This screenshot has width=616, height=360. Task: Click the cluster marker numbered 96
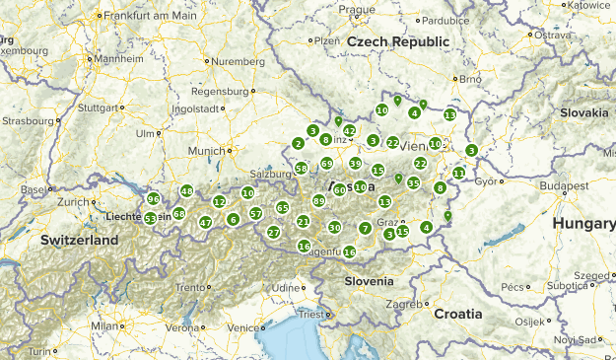click(153, 199)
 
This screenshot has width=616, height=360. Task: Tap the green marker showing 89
click(318, 201)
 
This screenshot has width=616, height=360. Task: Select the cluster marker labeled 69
click(326, 164)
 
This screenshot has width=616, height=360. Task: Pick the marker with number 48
click(186, 191)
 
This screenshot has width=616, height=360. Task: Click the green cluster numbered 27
click(273, 233)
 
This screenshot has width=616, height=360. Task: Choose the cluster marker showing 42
click(349, 131)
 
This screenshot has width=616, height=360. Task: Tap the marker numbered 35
click(414, 183)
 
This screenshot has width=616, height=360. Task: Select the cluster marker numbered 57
click(255, 214)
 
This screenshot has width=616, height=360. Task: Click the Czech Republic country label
click(397, 41)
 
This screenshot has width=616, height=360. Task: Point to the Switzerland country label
click(79, 240)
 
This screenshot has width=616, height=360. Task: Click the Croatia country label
click(457, 314)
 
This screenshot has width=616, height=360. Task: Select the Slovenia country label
click(369, 281)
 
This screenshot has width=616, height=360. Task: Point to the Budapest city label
click(541, 184)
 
